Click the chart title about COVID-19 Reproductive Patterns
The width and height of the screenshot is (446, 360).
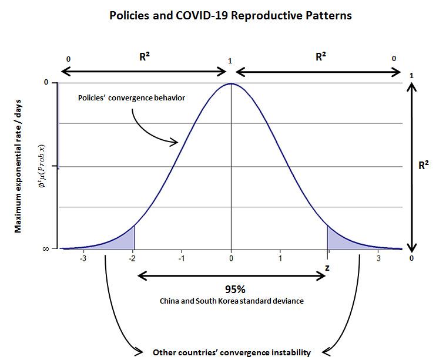(x=231, y=16)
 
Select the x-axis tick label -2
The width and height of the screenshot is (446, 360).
(x=133, y=258)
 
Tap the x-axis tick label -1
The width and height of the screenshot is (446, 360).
(x=182, y=258)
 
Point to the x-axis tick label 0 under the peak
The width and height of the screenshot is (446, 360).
(x=232, y=258)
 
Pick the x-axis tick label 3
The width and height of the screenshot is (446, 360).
(x=379, y=258)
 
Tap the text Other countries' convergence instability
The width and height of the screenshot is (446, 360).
(x=232, y=352)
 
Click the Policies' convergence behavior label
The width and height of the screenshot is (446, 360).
(x=132, y=97)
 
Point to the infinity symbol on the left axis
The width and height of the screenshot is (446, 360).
(x=45, y=249)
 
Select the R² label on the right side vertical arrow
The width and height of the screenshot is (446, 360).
(x=423, y=166)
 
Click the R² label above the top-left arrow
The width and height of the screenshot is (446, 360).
(x=145, y=57)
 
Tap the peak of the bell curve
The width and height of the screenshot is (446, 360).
(x=232, y=84)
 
